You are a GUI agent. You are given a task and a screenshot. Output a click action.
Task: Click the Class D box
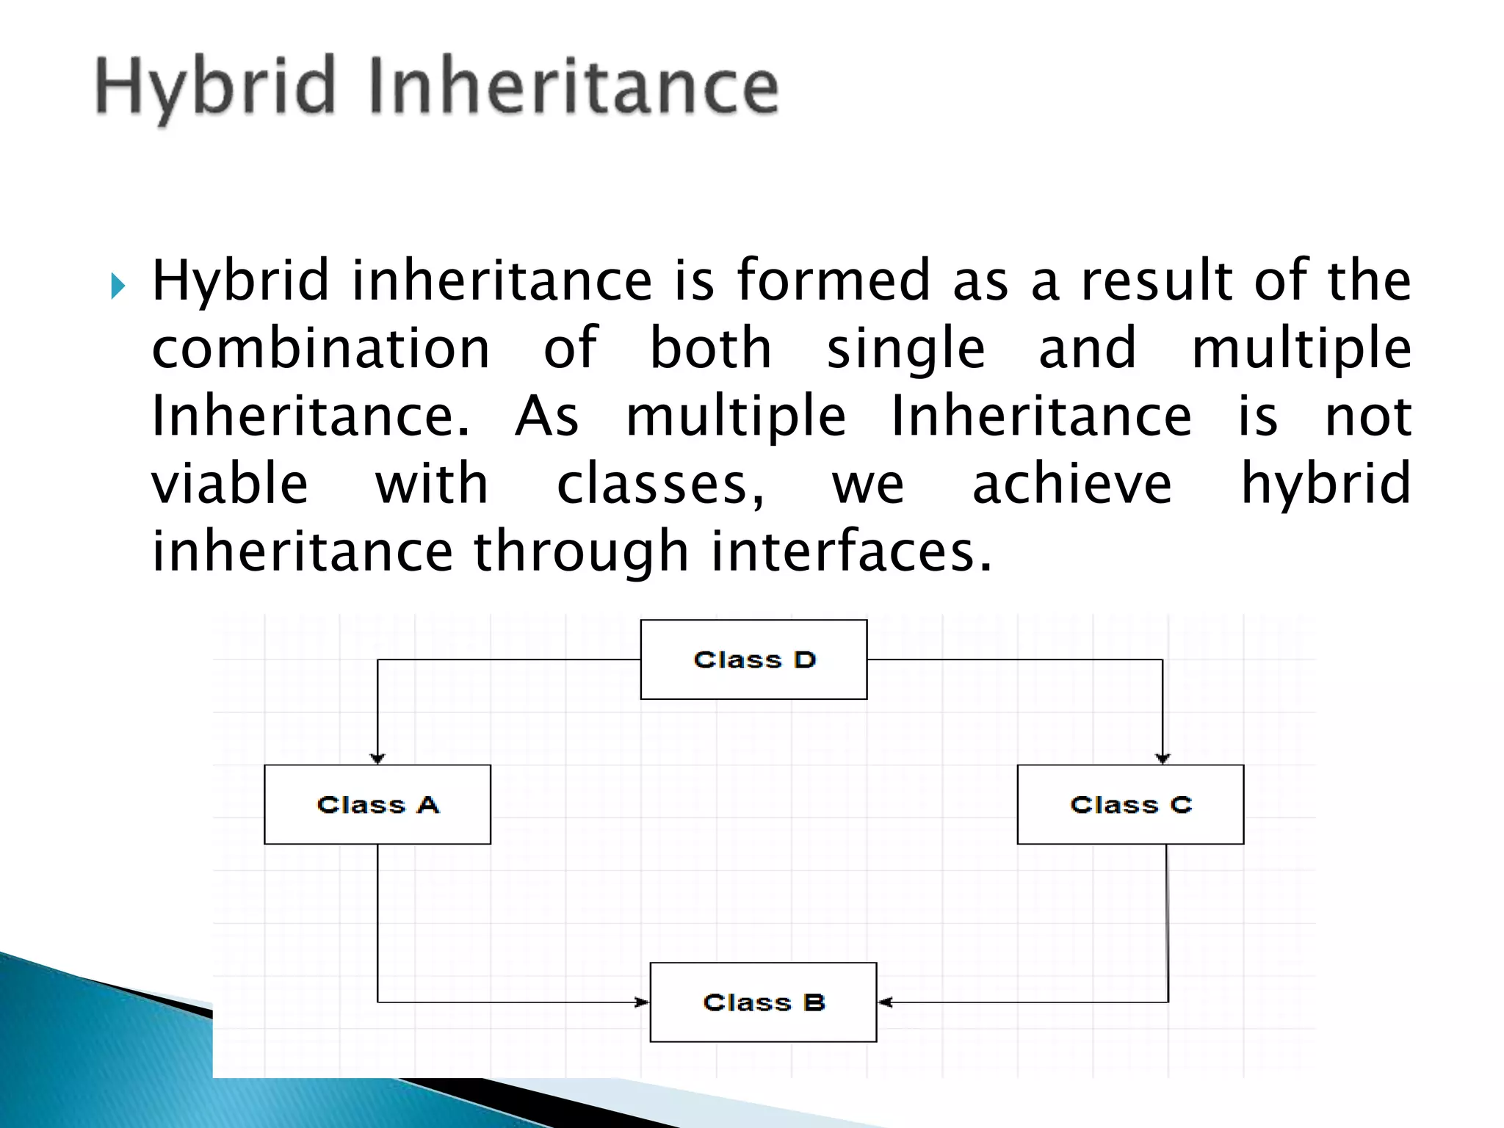pos(753,659)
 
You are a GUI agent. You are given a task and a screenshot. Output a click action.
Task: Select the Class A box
pos(377,804)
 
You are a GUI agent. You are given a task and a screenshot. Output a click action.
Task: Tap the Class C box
pos(1130,804)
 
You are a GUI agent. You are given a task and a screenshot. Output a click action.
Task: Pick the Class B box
pos(763,1002)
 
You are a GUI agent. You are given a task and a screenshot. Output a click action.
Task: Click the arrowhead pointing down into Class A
pos(377,758)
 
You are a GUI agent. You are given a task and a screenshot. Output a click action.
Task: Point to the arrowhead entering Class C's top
pos(1163,758)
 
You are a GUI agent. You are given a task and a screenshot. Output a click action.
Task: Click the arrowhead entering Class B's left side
pos(642,1002)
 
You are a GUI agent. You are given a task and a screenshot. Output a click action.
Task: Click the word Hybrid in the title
pos(215,88)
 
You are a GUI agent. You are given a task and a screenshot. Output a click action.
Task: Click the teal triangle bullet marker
pos(118,286)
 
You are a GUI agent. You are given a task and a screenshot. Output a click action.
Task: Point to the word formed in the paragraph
pos(834,281)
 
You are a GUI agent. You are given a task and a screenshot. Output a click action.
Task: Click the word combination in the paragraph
pos(320,348)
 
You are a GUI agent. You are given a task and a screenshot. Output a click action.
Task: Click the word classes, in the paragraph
pos(661,485)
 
